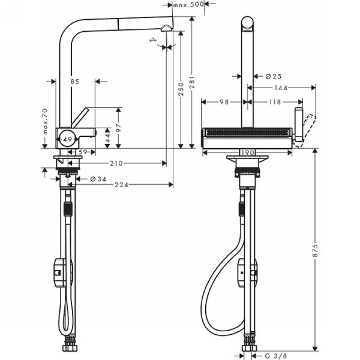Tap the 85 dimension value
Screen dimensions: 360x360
pos(74,81)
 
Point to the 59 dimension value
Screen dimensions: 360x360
pos(83,152)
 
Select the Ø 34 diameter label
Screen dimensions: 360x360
pos(97,179)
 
